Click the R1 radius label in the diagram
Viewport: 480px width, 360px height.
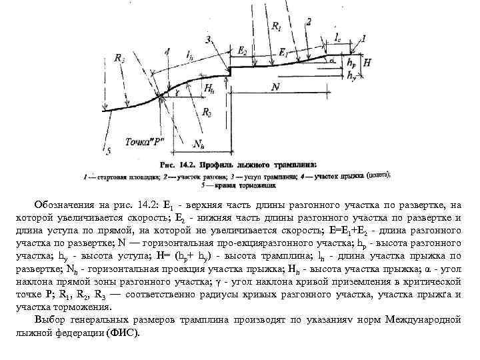[276, 27]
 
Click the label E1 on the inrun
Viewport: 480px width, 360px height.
[285, 51]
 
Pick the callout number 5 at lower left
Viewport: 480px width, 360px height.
[107, 152]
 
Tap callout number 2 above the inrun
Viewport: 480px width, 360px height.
[308, 22]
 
